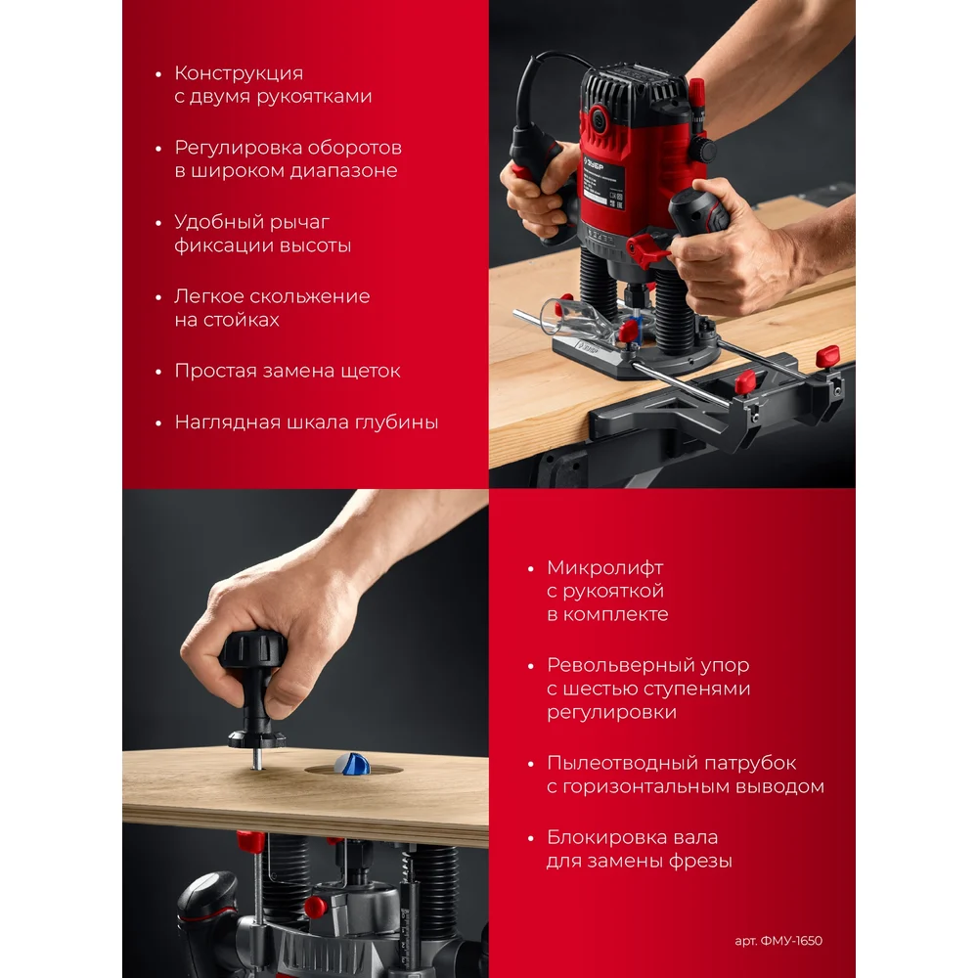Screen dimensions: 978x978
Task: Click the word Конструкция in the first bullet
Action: coord(239,73)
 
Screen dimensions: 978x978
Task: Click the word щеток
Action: coord(371,371)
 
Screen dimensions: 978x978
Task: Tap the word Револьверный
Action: coord(618,665)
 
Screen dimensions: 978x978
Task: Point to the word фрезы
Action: coord(700,862)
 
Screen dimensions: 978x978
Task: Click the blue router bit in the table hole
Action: coord(352,764)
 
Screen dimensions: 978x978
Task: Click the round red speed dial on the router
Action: coord(599,118)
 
